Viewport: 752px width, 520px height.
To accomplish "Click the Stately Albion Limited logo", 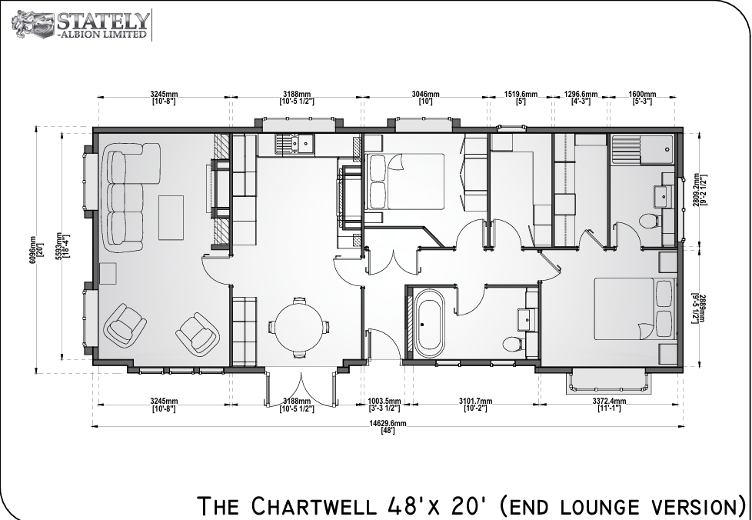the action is click(x=81, y=25).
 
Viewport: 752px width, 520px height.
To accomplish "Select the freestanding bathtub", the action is click(x=429, y=323).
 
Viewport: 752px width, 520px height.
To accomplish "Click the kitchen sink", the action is click(x=294, y=144).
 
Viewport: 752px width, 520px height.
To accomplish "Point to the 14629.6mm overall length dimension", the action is click(x=388, y=426).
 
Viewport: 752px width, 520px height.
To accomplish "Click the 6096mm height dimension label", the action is click(x=36, y=249).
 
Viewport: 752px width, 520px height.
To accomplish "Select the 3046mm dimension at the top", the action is click(x=425, y=98).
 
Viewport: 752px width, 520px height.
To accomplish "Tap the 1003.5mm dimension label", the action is click(x=384, y=405).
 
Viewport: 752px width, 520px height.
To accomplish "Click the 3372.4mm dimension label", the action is click(x=609, y=405).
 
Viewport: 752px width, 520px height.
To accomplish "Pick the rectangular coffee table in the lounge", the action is click(x=171, y=217).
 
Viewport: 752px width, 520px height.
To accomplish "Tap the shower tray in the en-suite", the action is click(x=642, y=150).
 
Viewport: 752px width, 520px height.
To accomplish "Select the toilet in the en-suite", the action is click(x=650, y=221).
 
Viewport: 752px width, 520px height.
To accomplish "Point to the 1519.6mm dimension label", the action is click(x=521, y=98).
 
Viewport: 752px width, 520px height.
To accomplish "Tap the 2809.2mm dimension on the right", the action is click(x=700, y=191).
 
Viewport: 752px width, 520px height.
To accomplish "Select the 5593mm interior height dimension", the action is click(x=63, y=246).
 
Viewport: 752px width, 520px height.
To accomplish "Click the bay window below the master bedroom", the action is click(x=609, y=382).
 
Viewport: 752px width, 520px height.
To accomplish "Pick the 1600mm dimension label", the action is click(x=642, y=98).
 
